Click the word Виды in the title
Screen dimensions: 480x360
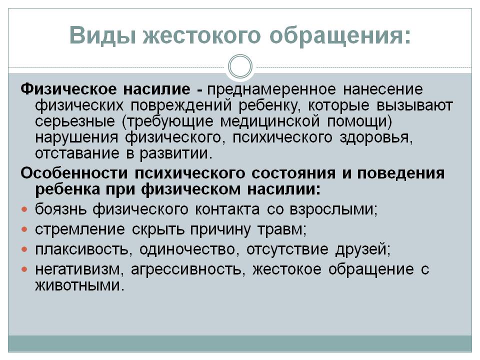point(102,36)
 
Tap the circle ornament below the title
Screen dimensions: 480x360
point(240,66)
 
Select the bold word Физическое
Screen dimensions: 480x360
point(68,89)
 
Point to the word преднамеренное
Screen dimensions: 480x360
point(271,90)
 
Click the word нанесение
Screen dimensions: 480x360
point(382,89)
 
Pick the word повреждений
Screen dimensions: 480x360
point(181,105)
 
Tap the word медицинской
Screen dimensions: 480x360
point(269,121)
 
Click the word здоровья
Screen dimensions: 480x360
point(376,137)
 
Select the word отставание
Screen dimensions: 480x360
point(77,153)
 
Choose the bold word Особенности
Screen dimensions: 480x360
point(74,173)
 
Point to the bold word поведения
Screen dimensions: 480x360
point(401,173)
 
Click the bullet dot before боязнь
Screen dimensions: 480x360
point(24,209)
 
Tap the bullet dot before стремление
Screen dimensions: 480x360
point(24,229)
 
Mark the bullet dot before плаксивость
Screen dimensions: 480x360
point(24,250)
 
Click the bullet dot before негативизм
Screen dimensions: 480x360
point(24,269)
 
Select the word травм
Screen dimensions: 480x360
point(281,229)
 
